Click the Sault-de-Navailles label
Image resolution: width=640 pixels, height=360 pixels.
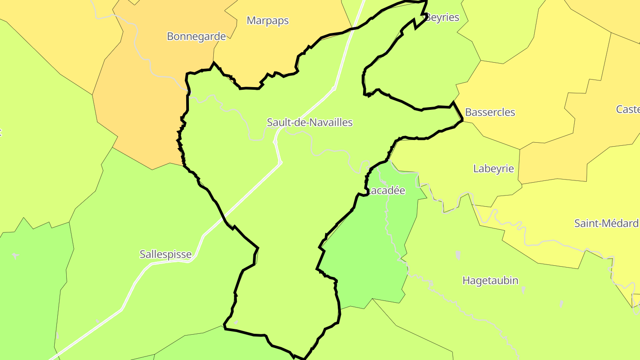pyautogui.click(x=309, y=122)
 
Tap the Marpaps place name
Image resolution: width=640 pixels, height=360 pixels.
pyautogui.click(x=268, y=20)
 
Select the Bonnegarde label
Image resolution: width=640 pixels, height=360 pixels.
pyautogui.click(x=196, y=36)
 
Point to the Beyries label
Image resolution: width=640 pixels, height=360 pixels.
pyautogui.click(x=442, y=17)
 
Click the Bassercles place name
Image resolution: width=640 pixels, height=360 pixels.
pyautogui.click(x=490, y=112)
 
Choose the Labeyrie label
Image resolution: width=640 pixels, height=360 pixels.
pyautogui.click(x=493, y=168)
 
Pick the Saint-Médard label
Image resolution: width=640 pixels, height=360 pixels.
pyautogui.click(x=606, y=223)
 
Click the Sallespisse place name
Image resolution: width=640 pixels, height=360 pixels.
pyautogui.click(x=165, y=254)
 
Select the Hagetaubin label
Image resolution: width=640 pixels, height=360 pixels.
pyautogui.click(x=490, y=280)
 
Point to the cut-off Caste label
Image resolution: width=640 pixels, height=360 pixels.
pyautogui.click(x=628, y=109)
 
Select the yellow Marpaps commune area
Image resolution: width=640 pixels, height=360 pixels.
pyautogui.click(x=276, y=49)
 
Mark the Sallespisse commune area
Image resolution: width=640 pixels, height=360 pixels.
pyautogui.click(x=133, y=222)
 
